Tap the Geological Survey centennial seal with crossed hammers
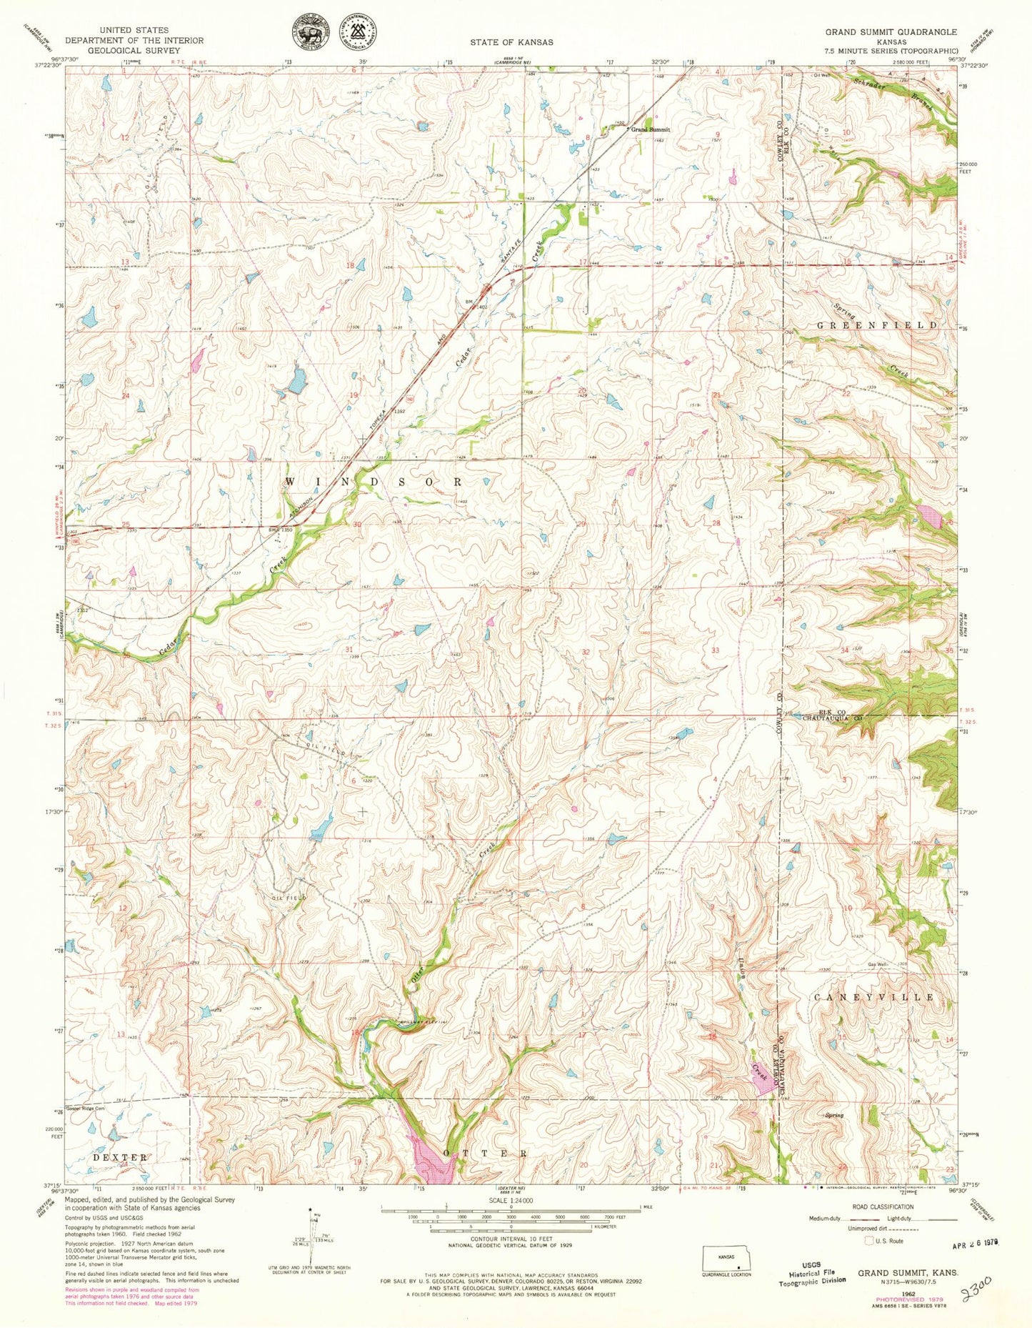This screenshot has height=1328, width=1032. click(x=362, y=34)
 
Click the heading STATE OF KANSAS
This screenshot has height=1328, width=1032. click(x=511, y=43)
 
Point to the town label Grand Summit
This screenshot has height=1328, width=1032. click(x=650, y=130)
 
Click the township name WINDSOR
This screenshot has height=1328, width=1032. click(x=374, y=482)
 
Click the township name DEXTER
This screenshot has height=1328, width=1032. click(x=119, y=1157)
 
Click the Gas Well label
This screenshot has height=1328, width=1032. click(x=878, y=965)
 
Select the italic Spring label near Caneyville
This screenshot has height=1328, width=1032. click(x=834, y=1116)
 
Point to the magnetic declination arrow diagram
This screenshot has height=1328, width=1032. click(x=312, y=1237)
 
